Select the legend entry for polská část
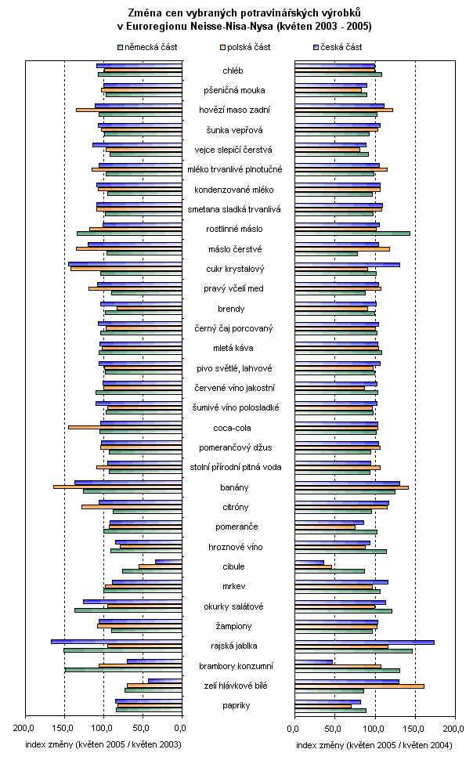(x=246, y=47)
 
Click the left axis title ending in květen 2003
(x=103, y=745)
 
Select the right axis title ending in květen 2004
(x=374, y=745)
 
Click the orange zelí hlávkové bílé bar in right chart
(x=359, y=686)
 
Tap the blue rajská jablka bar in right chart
(x=364, y=642)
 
